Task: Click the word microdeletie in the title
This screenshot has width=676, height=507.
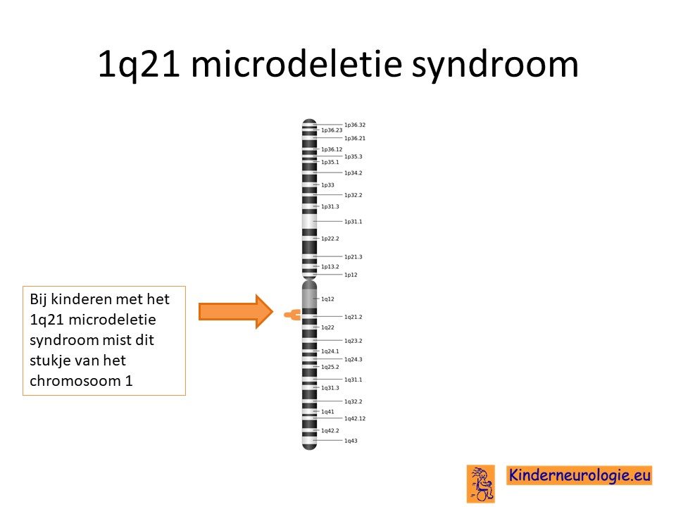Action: [296, 64]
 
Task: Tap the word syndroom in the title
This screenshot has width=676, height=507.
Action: [494, 65]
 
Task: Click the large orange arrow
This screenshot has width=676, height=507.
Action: [235, 311]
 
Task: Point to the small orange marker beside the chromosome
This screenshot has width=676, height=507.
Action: [292, 315]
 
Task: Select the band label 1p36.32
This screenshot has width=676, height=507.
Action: [354, 125]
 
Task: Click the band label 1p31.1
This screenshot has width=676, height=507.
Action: [353, 222]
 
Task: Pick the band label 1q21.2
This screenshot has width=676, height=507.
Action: [353, 317]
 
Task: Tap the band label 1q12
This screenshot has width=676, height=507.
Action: [327, 299]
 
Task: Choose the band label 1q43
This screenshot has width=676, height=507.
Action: [351, 441]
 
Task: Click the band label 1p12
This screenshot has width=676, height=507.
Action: [351, 275]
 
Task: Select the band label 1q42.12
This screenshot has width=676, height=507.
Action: [354, 418]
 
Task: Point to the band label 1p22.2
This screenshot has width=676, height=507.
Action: [330, 239]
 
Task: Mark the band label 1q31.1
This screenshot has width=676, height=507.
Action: [353, 380]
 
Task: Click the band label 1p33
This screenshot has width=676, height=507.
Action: [327, 185]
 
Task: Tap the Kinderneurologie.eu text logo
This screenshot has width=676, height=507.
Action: [579, 475]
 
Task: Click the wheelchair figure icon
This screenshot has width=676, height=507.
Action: [481, 484]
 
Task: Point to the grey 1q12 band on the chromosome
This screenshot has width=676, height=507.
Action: [310, 299]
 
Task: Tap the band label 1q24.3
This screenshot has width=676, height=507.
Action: [353, 359]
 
